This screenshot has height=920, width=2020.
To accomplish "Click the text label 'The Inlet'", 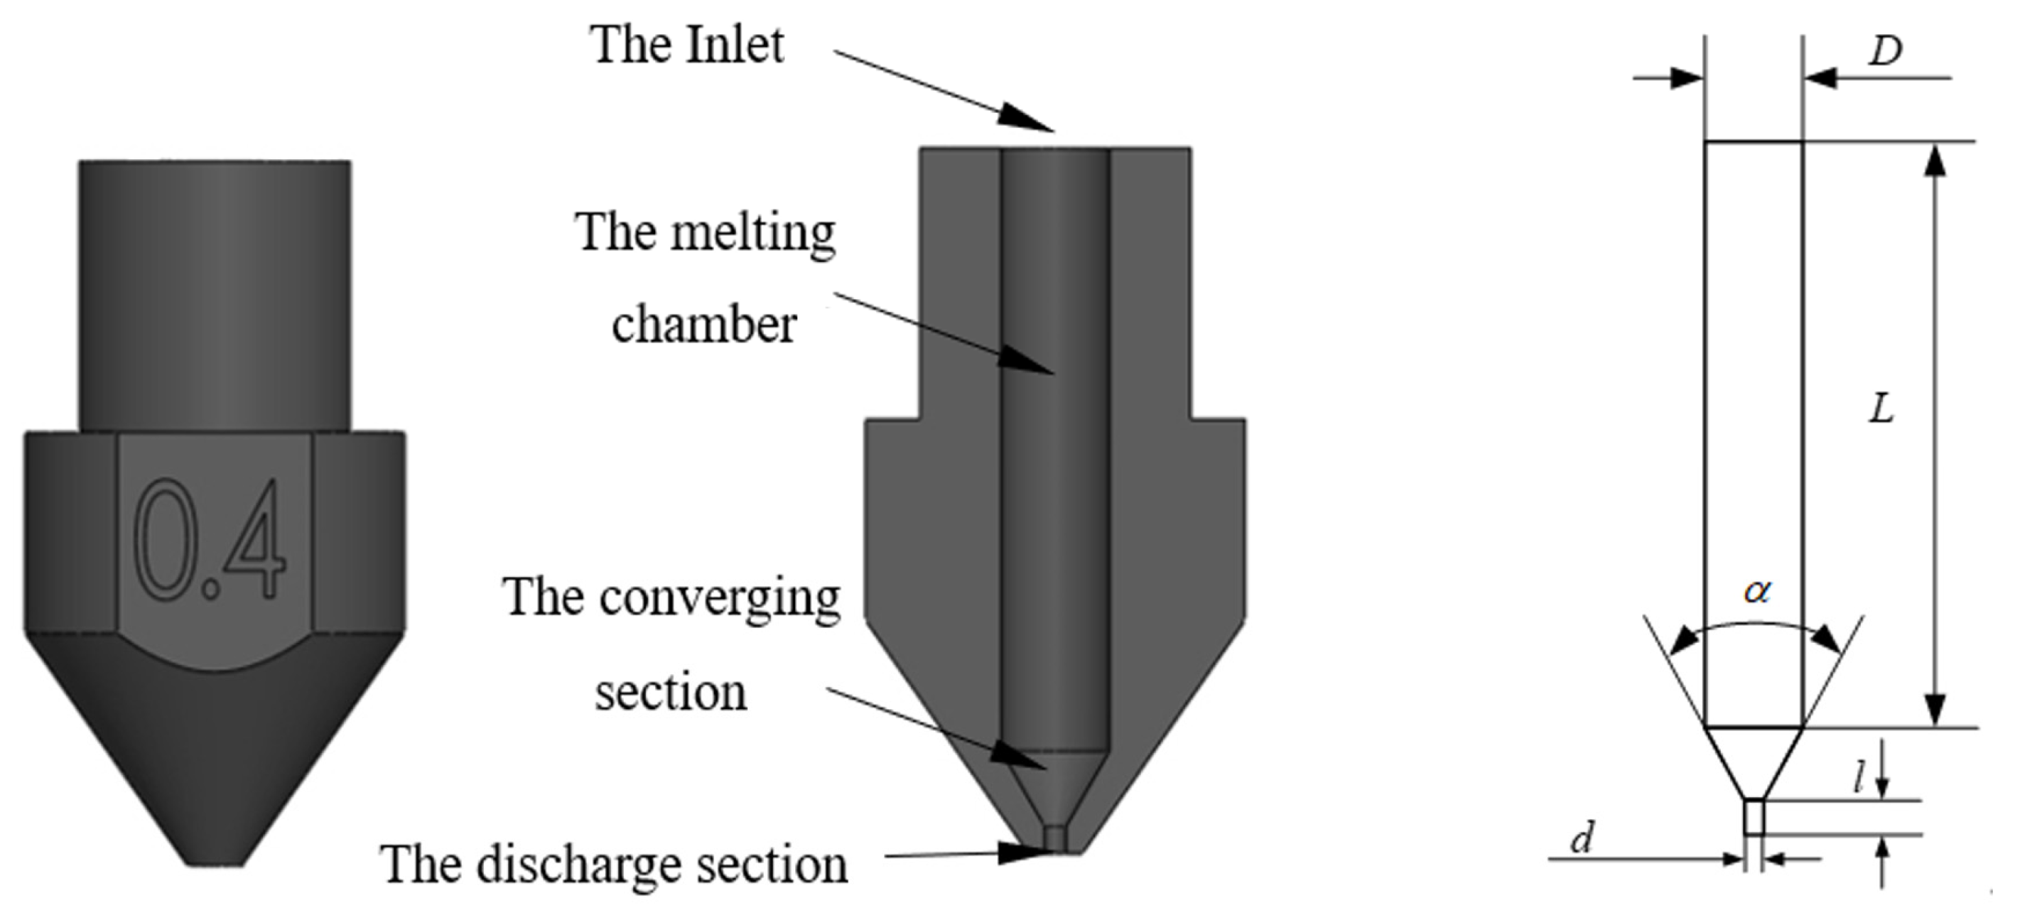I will coord(687,45).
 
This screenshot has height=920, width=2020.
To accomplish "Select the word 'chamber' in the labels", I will coord(703,325).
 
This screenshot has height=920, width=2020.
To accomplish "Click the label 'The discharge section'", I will coord(613,865).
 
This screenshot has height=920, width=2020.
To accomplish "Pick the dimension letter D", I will coord(1885,52).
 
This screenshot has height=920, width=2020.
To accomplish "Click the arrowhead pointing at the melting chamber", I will coord(1027,362).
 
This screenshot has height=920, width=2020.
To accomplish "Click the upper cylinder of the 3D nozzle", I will coord(215,294).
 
